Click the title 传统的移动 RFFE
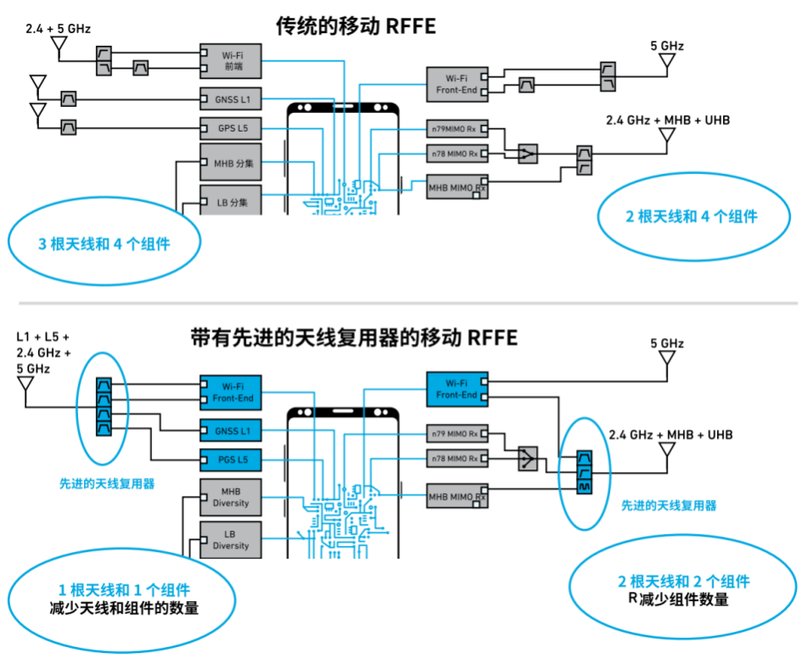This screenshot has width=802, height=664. [356, 26]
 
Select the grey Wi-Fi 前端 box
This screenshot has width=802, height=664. [231, 61]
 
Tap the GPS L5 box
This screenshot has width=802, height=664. [231, 128]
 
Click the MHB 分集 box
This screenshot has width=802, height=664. [231, 162]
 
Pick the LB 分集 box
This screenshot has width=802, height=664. [231, 200]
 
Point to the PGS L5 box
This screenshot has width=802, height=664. [231, 459]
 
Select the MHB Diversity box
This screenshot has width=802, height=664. [231, 497]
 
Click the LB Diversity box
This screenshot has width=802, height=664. [231, 540]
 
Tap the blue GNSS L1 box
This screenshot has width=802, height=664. [231, 430]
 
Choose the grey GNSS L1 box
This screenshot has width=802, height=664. [231, 99]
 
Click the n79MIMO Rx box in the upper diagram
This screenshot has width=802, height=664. [457, 129]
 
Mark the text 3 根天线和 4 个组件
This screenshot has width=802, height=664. [104, 244]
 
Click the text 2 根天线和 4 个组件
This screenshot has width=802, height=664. [692, 217]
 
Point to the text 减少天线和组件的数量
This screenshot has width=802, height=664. [124, 608]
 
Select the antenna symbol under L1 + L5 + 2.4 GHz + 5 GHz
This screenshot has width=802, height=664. [25, 391]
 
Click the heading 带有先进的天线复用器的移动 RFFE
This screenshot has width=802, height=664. [354, 338]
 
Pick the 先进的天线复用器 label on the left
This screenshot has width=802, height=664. [107, 483]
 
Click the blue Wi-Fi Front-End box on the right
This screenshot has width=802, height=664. [457, 390]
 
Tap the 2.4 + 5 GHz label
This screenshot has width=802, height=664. [59, 29]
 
